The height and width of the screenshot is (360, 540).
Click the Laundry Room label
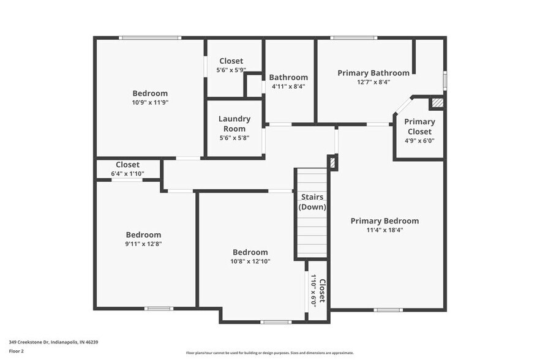[x=234, y=124]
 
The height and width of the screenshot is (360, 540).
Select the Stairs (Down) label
[x=312, y=202]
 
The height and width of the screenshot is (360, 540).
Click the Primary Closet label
[x=419, y=127]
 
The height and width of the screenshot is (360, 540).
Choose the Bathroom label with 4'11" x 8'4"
[x=288, y=77]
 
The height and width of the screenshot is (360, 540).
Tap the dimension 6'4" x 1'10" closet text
[x=127, y=174]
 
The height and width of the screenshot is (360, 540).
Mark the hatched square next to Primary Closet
[x=437, y=103]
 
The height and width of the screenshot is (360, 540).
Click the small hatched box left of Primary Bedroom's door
[x=332, y=163]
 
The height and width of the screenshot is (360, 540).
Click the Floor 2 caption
[x=17, y=351]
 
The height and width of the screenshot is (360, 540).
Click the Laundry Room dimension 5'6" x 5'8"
[x=234, y=138]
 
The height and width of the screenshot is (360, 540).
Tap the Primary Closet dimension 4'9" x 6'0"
[x=419, y=141]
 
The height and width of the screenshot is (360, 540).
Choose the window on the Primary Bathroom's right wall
[x=445, y=80]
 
